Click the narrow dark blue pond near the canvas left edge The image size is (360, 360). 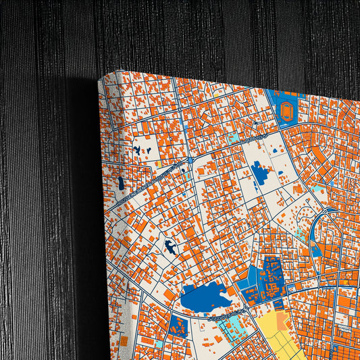pyautogui.click(x=122, y=183)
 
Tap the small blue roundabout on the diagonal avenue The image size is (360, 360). pyautogui.click(x=191, y=161)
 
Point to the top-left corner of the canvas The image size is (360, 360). pyautogui.click(x=101, y=79)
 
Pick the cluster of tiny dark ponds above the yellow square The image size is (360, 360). pyautogui.click(x=142, y=151)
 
